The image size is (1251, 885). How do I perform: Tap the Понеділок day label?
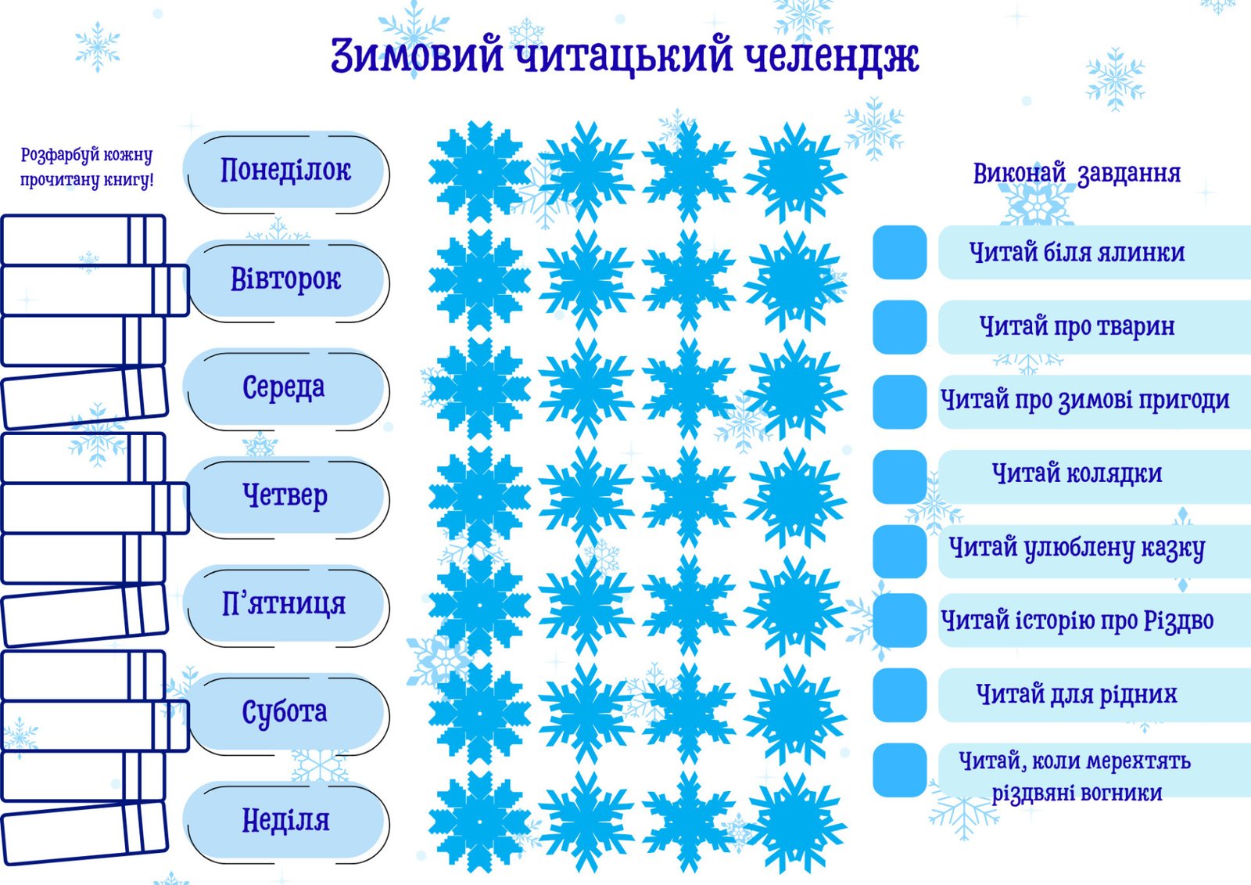(285, 171)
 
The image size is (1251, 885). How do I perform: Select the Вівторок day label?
(285, 279)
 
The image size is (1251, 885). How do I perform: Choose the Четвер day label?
(285, 496)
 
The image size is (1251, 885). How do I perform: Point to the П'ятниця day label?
(285, 604)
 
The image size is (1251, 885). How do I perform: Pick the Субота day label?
(285, 713)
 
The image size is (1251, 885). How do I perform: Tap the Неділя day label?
(285, 821)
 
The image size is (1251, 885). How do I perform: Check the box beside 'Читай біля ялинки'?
(900, 252)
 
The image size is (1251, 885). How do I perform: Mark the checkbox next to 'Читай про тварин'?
(900, 327)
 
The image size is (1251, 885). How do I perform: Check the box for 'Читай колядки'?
(900, 477)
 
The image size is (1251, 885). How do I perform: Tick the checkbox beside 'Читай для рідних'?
(900, 695)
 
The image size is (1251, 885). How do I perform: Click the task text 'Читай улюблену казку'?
(1077, 549)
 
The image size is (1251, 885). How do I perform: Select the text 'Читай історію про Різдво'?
(1077, 621)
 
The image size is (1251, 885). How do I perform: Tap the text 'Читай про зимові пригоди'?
(1085, 401)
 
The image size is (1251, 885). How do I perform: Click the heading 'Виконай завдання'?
(1077, 174)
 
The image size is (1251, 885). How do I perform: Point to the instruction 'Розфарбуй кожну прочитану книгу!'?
(87, 167)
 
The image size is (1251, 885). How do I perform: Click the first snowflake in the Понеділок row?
(480, 171)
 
